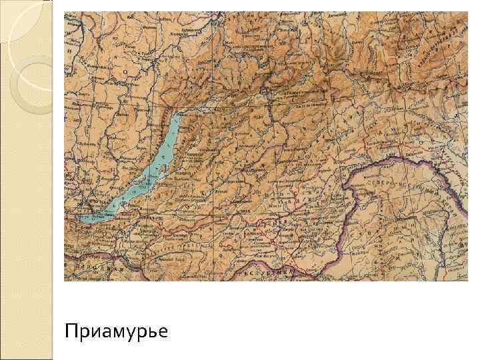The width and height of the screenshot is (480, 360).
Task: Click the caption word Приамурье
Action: (x=117, y=331)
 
